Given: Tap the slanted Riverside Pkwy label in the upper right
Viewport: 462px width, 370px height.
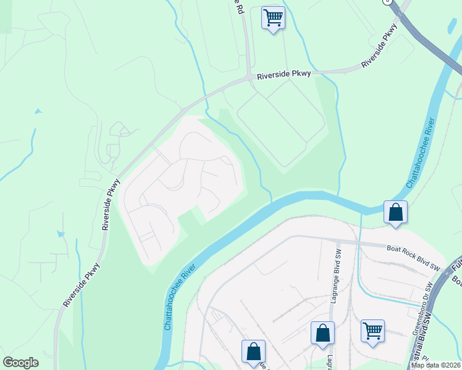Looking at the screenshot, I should (379, 47).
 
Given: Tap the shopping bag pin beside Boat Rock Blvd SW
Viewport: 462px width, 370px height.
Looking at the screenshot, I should (395, 213).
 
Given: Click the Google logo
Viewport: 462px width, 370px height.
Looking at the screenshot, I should (20, 363).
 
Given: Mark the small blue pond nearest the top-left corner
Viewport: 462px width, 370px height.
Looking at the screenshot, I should (38, 112).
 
